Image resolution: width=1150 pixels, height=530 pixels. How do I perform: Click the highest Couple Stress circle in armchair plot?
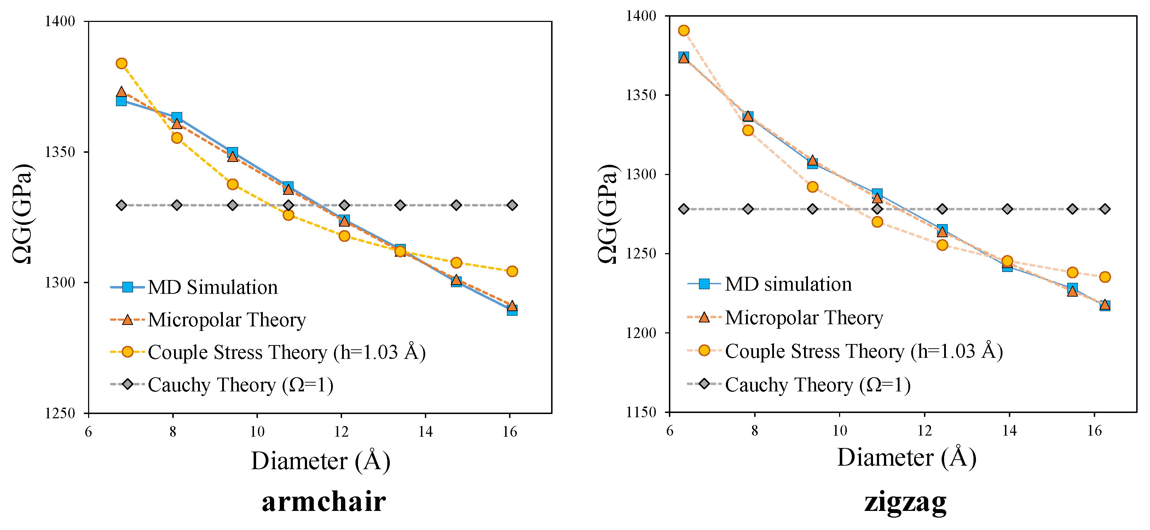tap(121, 63)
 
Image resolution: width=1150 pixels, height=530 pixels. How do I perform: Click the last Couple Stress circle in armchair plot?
tap(512, 271)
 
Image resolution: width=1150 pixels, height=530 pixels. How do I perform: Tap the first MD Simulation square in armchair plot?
tap(121, 100)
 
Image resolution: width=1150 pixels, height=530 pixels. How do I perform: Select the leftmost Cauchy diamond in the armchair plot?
tap(121, 205)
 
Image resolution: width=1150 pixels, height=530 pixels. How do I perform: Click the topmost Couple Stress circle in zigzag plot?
tap(683, 30)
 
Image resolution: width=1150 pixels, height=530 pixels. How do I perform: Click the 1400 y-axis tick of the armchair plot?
tap(60, 22)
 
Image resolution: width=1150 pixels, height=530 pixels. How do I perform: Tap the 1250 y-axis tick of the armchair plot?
tap(60, 413)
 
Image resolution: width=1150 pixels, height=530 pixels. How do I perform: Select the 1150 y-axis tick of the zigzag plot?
tap(641, 412)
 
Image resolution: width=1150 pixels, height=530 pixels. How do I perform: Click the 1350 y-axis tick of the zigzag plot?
tap(641, 95)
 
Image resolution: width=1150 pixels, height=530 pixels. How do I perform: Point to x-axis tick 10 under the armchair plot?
tap(257, 431)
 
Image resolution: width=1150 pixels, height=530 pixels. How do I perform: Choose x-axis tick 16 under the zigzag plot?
tap(1094, 431)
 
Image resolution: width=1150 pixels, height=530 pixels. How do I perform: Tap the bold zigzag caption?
tap(905, 502)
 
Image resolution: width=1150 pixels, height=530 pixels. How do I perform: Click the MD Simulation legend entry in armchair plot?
tap(213, 287)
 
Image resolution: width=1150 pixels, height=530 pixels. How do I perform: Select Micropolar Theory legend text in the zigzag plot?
tap(804, 318)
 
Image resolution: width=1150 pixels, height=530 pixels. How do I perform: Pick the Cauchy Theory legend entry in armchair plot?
tap(240, 385)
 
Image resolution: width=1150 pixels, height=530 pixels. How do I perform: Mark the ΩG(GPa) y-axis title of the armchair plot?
tap(22, 214)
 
